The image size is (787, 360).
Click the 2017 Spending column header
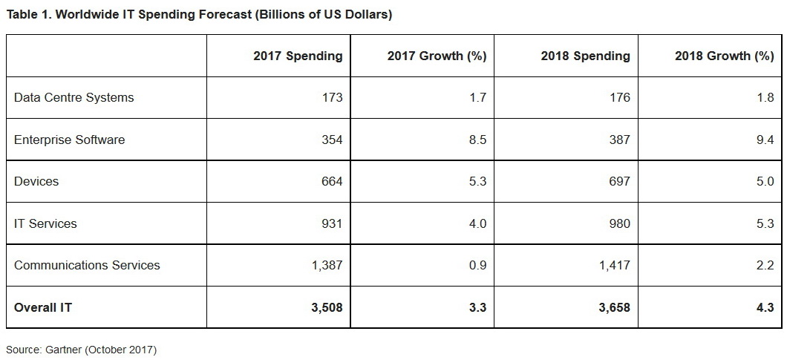coord(298,56)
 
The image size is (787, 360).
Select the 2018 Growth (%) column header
coord(724,56)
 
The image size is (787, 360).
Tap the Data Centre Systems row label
coord(74,97)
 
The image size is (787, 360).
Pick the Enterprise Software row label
coord(70,140)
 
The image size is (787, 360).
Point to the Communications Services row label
coord(87,265)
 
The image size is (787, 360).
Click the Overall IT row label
coord(43,307)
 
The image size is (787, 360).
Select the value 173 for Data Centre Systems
coord(332,97)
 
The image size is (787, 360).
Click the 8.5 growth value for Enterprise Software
coord(477,140)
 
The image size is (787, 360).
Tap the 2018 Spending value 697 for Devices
coord(619,181)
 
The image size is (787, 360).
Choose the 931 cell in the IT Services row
coord(332,223)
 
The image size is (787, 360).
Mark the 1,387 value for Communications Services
coord(327,265)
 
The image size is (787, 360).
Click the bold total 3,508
coord(326,307)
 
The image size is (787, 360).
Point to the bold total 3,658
coord(613,307)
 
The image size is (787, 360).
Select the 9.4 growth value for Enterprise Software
coord(765,140)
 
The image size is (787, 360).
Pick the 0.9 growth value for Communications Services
coord(477,265)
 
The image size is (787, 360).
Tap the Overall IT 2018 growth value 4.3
coord(765,307)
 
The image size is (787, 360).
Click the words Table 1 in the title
coord(27,14)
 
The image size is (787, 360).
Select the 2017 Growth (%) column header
coord(437,56)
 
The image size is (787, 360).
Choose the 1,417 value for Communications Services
coord(614,265)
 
